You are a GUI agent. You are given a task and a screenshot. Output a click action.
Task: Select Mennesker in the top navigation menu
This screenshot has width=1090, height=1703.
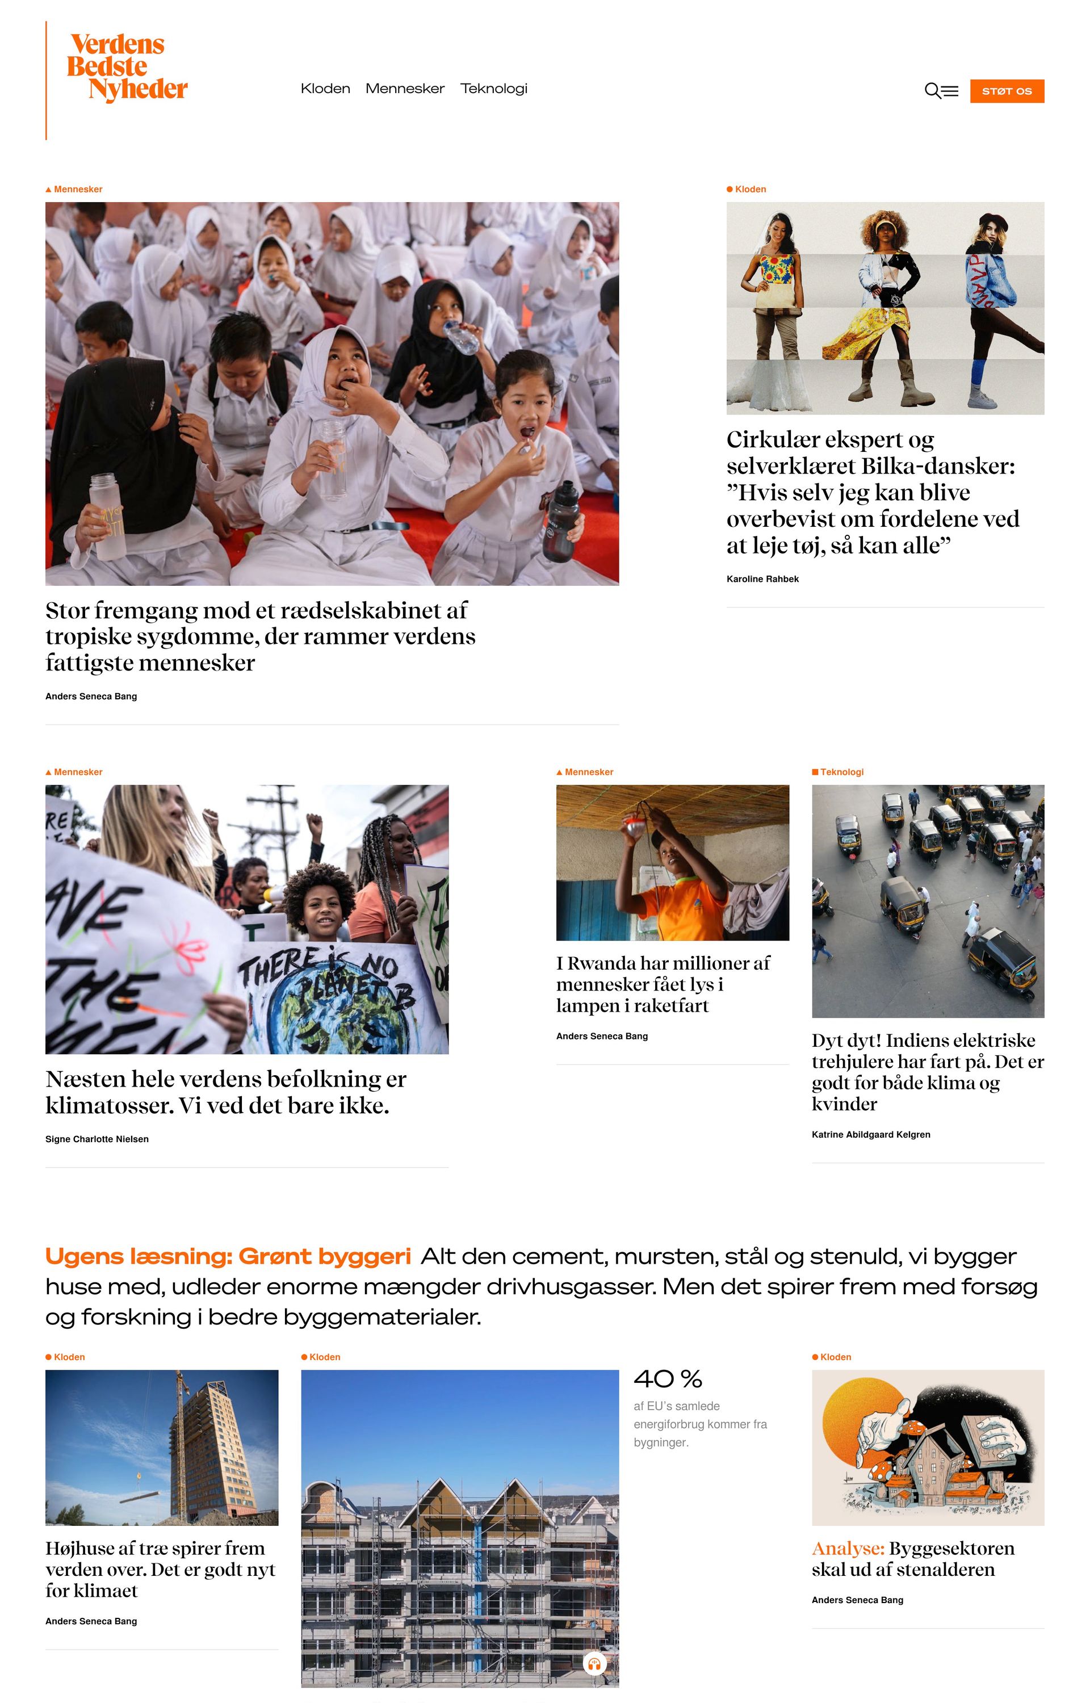coord(405,89)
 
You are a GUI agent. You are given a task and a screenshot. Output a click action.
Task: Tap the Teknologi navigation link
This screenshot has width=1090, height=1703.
coord(493,89)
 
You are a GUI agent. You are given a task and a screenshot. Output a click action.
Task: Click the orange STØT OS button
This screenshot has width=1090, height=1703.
coord(1007,91)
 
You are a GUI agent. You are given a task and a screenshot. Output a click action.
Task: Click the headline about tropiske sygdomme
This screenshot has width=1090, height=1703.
coord(260,636)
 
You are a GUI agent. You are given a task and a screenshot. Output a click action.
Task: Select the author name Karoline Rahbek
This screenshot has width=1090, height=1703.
coord(762,579)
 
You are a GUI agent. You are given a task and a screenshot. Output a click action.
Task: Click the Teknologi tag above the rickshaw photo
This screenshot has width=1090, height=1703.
coord(841,772)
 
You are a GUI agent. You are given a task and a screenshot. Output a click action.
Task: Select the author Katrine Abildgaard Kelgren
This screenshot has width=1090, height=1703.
coord(871,1134)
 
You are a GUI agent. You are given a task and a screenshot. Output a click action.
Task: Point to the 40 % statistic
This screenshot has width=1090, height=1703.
coord(668,1379)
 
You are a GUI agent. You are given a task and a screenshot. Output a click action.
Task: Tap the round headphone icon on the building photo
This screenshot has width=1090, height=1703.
coord(594,1663)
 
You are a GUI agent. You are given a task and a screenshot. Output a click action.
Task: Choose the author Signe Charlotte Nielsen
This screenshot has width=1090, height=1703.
coord(97,1139)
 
